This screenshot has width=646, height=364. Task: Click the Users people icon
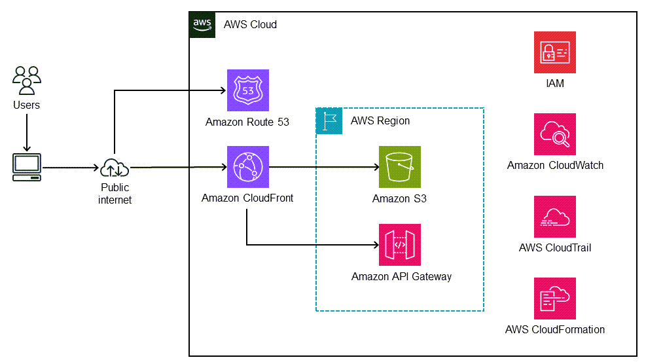click(x=27, y=81)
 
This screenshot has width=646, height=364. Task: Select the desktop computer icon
click(x=27, y=168)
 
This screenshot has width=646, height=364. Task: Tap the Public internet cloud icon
click(x=115, y=168)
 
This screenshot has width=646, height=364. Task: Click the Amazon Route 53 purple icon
click(x=247, y=91)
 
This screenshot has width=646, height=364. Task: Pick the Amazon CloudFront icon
click(x=247, y=167)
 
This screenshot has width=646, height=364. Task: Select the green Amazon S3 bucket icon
click(x=400, y=167)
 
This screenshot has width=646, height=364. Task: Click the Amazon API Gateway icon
click(x=400, y=245)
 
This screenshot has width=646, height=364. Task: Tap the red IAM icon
click(x=555, y=52)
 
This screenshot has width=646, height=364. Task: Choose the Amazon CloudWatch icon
click(x=555, y=134)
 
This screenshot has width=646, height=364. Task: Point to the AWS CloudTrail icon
click(x=555, y=217)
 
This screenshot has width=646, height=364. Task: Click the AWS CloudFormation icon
click(x=555, y=299)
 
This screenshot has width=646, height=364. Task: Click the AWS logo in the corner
click(x=202, y=24)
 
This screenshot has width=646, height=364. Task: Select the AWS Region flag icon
click(x=329, y=121)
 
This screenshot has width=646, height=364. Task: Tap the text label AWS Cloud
click(x=250, y=25)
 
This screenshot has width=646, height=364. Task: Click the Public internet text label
click(x=115, y=194)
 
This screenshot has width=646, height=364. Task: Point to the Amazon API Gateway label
click(x=401, y=276)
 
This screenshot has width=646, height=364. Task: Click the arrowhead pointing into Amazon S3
click(x=374, y=168)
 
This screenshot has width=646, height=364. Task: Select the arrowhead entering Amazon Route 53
click(x=222, y=91)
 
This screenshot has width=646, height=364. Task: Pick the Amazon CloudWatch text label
click(x=555, y=166)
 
